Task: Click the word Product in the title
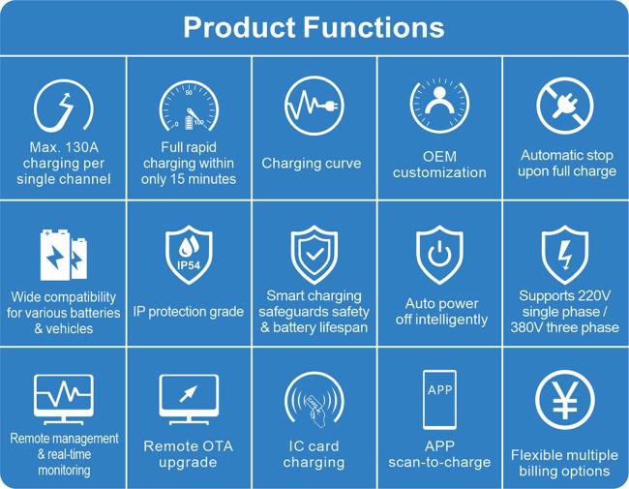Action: pos(239,28)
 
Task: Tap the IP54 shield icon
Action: pos(189,255)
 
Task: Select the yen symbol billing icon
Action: pos(565,400)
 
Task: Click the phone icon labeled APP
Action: pos(439,400)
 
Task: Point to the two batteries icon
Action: pos(63,255)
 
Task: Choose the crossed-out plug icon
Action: pos(565,106)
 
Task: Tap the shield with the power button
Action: pos(439,255)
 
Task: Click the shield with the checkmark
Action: pos(314,255)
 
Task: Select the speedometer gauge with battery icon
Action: pos(189,107)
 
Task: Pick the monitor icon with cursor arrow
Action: pos(189,400)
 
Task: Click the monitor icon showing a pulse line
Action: pos(63,400)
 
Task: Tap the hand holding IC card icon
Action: pos(314,400)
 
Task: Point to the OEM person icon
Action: pos(439,107)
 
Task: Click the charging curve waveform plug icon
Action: pos(314,106)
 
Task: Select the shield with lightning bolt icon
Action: pos(565,255)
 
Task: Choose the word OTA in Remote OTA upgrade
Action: pos(216,446)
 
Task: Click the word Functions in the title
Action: pos(374,28)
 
